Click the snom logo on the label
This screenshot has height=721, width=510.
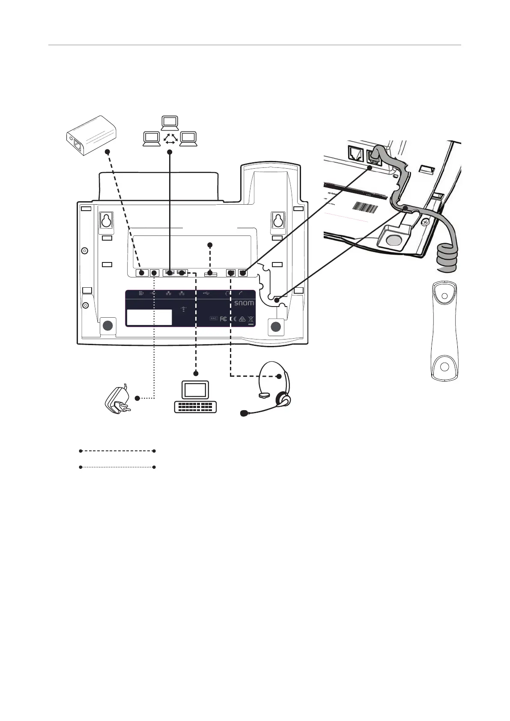click(244, 303)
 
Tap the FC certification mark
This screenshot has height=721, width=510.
click(223, 319)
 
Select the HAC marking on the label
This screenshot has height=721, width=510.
click(214, 319)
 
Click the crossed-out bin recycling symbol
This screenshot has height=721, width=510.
click(251, 319)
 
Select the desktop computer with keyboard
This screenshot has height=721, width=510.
click(196, 396)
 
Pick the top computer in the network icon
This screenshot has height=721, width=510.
click(170, 122)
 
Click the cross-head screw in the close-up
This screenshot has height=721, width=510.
click(424, 222)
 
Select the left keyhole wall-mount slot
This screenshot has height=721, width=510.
click(106, 220)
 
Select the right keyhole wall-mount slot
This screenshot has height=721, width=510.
click(278, 220)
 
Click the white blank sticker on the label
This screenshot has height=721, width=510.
click(149, 317)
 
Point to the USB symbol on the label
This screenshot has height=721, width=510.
click(206, 293)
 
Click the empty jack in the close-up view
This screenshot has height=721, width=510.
click(355, 152)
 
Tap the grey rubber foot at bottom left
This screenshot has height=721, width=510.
click(108, 325)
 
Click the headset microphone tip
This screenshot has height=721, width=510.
click(244, 413)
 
